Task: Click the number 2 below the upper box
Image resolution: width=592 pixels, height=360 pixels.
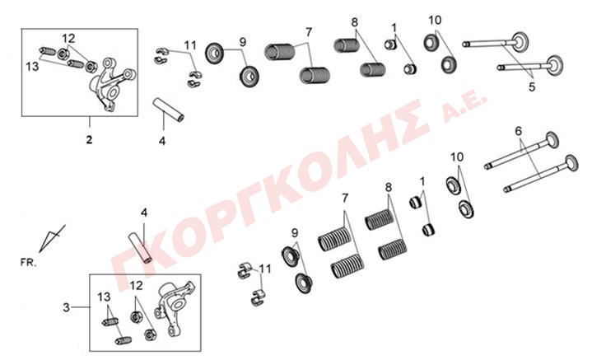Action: point(89,139)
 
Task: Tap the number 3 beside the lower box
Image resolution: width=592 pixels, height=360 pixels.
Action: point(67,307)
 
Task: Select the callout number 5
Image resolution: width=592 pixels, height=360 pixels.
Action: point(532,86)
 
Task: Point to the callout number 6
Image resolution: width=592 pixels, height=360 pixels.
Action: point(519,131)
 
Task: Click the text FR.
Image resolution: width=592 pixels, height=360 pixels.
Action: point(29,262)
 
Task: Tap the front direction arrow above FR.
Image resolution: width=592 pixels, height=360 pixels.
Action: point(51,238)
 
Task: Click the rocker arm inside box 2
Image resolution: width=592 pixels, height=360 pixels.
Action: point(111,84)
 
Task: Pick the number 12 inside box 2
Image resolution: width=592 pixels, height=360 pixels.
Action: point(68,38)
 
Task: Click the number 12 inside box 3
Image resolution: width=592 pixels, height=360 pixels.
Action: point(137,286)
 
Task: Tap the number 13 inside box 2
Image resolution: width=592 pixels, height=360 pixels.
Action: point(32,67)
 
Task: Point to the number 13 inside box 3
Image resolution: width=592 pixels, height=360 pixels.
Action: point(104,297)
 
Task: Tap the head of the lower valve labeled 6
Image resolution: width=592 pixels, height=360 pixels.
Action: point(569,163)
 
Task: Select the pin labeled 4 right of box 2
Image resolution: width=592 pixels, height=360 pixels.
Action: point(168,110)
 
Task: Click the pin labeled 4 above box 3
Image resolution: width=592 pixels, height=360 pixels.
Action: point(140,250)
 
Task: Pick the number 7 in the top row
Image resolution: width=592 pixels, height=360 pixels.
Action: point(309,32)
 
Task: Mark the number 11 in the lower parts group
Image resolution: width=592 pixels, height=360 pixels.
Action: point(265,269)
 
